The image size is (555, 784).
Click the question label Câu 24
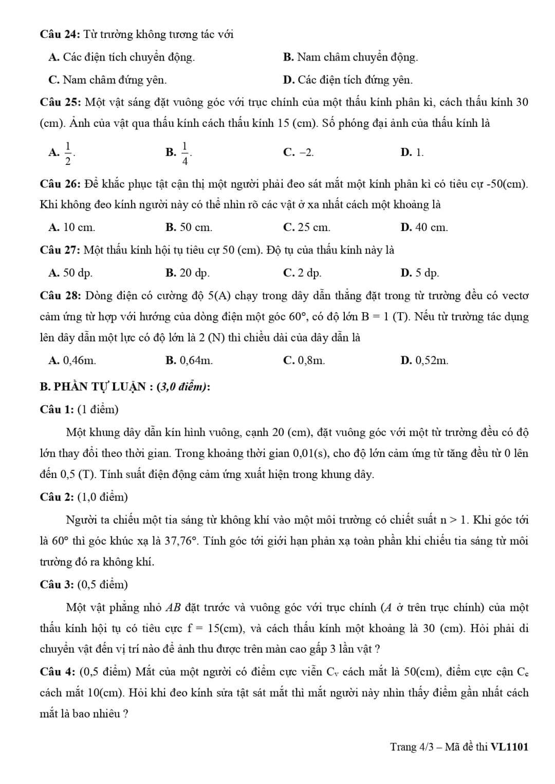coord(59,34)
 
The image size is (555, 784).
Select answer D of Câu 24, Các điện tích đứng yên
coord(348,80)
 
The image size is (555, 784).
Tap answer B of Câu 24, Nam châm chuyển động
coord(350,57)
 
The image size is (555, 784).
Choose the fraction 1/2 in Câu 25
coord(68,152)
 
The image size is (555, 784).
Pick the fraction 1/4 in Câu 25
coord(185,152)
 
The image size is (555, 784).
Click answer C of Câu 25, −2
coord(299,152)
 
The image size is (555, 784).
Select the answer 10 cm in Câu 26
coord(72,227)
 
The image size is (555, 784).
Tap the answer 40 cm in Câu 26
coord(424,227)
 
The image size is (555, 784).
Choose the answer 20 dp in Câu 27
coord(188,273)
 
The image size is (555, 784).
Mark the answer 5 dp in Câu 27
coord(420,273)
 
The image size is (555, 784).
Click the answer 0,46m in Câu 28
coord(72,360)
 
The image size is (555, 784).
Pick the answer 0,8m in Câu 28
coord(304,360)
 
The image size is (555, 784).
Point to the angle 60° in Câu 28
coord(297,317)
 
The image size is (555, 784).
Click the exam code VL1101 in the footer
coord(509,747)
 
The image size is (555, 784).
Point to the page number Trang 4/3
coord(412,747)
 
